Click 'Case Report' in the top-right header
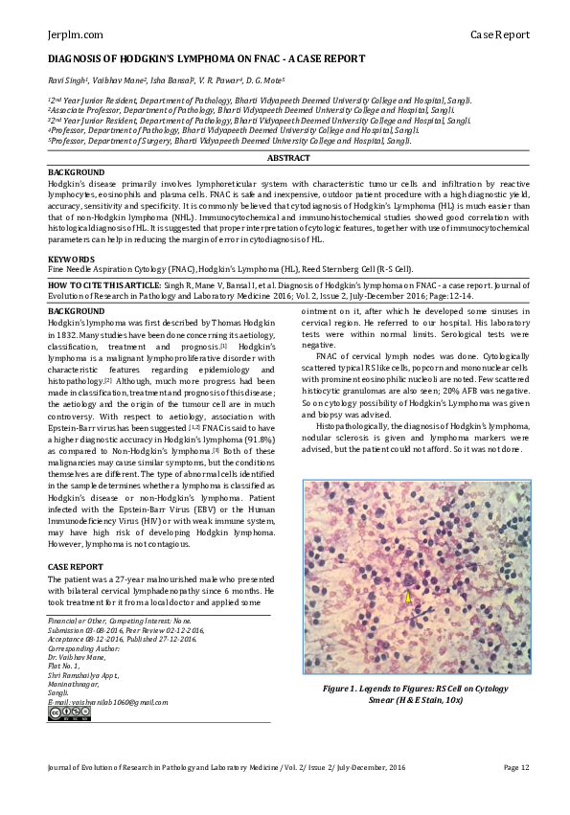click(x=499, y=35)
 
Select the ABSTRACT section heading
click(x=287, y=157)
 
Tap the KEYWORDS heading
click(x=71, y=260)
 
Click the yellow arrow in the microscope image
click(x=406, y=598)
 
